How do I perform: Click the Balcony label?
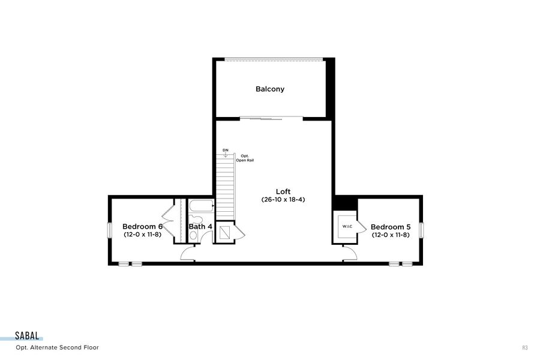(x=270, y=89)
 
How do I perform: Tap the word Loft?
(x=283, y=191)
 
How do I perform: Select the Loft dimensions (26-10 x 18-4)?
(x=283, y=199)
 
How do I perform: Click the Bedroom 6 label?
(x=142, y=226)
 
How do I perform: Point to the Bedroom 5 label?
(x=391, y=227)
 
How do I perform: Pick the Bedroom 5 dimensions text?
(x=391, y=235)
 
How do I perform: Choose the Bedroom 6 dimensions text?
(x=142, y=235)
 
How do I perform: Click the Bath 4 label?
(x=200, y=227)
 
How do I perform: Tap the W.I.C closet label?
(x=347, y=226)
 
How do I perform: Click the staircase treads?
(x=225, y=186)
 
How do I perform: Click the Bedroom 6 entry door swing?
(x=188, y=254)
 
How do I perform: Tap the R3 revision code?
(x=525, y=347)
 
